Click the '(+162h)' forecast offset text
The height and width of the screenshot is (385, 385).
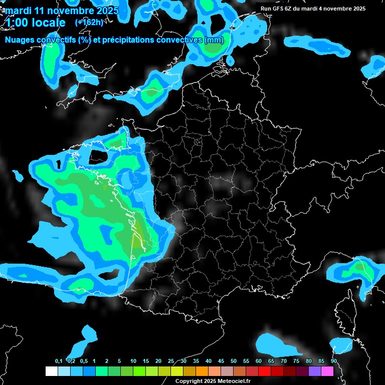click(x=89, y=22)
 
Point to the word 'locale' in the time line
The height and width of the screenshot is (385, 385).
click(x=48, y=23)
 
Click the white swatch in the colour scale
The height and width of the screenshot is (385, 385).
click(x=52, y=371)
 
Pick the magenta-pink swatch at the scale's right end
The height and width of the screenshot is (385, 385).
click(x=327, y=371)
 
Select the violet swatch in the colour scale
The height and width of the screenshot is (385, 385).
click(x=315, y=371)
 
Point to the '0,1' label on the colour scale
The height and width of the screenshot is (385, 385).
click(x=59, y=361)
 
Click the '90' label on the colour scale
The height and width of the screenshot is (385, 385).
click(x=334, y=361)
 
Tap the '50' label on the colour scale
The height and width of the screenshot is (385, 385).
click(x=234, y=361)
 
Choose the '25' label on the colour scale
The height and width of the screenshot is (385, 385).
click(x=171, y=361)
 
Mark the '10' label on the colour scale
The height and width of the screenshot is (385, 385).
click(x=133, y=361)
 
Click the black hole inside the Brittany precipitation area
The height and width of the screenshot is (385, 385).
click(x=96, y=156)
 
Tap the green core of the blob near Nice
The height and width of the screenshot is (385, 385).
click(x=360, y=268)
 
